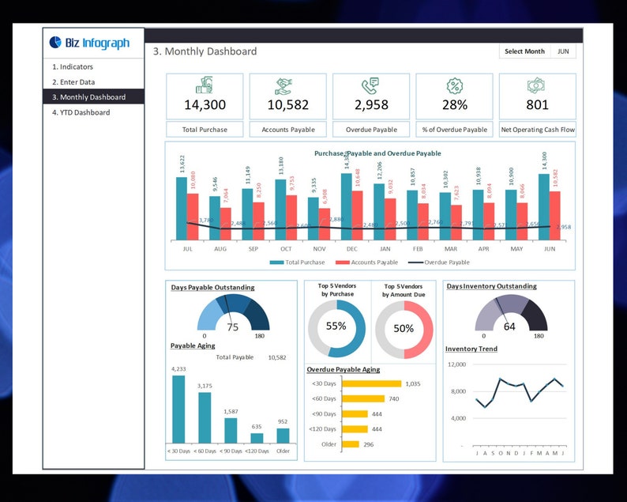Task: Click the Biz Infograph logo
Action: click(89, 43)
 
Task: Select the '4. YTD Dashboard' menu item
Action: click(81, 112)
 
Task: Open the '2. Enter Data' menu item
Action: click(73, 82)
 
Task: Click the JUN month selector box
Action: click(562, 51)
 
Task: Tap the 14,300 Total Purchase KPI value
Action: click(205, 104)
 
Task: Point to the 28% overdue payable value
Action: click(454, 104)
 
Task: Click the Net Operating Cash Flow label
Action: click(537, 130)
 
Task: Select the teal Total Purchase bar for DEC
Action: click(346, 207)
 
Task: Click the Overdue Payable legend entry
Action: click(439, 262)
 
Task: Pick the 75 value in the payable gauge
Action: click(233, 327)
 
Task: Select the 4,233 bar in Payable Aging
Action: click(178, 409)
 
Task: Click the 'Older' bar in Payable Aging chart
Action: click(283, 436)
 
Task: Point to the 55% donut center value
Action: click(336, 326)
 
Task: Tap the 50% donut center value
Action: click(404, 328)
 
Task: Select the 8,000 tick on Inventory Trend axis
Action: click(458, 391)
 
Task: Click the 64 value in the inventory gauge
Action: click(509, 326)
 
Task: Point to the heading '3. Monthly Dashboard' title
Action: click(205, 51)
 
